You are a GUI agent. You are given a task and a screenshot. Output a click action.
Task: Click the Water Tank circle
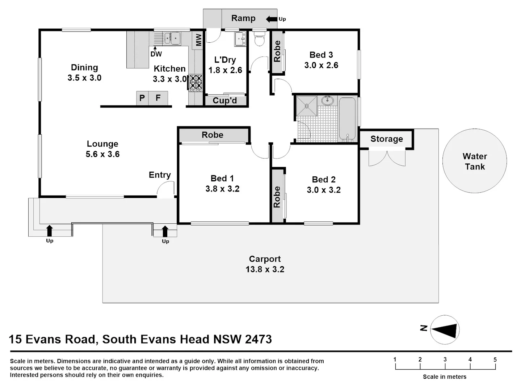[474, 161]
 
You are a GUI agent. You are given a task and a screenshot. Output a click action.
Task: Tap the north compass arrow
[445, 330]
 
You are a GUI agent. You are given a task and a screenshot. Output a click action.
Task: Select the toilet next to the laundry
[259, 39]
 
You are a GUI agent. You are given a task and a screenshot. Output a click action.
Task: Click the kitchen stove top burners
[196, 83]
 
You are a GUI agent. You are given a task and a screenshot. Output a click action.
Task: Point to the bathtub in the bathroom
[347, 119]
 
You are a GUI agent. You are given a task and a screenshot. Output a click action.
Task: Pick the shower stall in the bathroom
[307, 106]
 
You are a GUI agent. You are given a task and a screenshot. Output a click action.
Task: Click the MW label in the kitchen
[198, 40]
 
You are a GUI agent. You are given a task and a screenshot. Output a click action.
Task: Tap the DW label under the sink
[156, 54]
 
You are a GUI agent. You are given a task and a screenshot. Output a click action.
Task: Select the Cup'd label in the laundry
[225, 101]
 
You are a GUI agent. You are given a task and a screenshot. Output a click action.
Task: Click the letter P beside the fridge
[142, 98]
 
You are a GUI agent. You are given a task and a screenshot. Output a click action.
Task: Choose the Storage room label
[386, 139]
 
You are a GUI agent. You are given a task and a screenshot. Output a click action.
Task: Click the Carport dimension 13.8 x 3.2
[265, 269]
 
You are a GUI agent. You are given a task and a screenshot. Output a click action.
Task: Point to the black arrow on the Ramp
[272, 19]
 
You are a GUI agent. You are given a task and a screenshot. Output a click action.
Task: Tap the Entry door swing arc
[166, 189]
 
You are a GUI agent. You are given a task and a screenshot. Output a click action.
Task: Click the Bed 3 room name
[321, 55]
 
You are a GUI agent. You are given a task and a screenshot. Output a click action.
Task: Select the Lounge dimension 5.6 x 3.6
[102, 154]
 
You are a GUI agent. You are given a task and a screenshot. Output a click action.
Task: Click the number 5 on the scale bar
[495, 360]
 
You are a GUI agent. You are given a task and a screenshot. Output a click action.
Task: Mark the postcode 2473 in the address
[258, 339]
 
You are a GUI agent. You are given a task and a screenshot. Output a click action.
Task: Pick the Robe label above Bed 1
[213, 135]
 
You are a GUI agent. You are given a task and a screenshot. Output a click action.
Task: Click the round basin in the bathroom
[328, 100]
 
